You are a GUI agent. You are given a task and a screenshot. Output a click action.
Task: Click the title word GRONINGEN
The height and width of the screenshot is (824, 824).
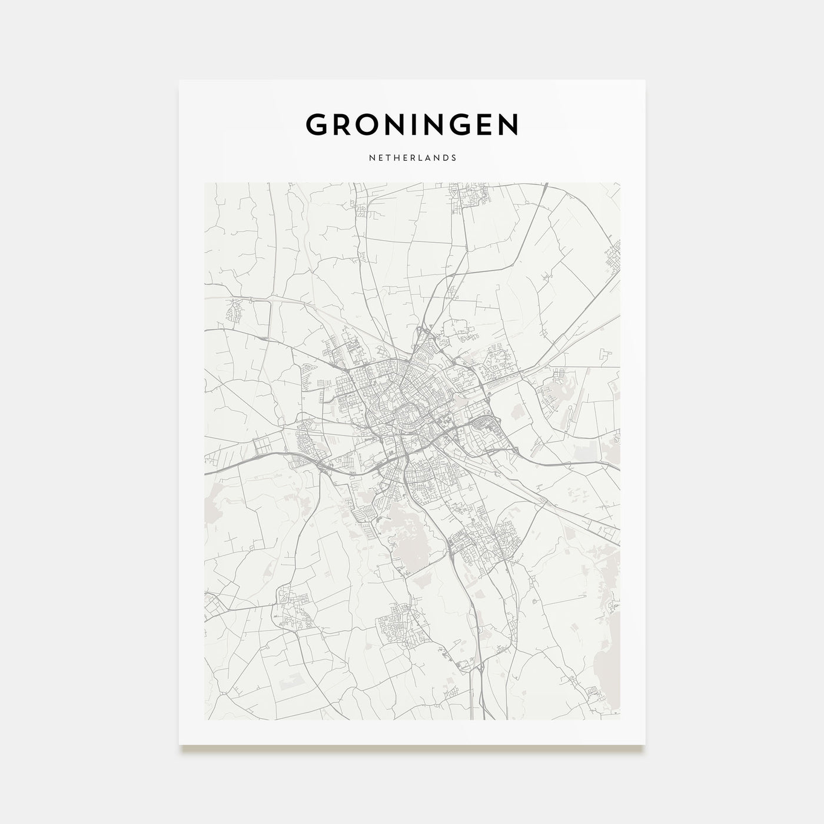[x=412, y=124]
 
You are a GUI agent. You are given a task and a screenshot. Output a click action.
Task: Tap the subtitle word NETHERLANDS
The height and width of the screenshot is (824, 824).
[x=412, y=158]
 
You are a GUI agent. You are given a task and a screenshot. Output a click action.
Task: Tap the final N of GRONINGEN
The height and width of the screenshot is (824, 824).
[x=507, y=124]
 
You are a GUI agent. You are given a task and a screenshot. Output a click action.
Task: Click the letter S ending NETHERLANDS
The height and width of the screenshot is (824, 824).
[x=454, y=158]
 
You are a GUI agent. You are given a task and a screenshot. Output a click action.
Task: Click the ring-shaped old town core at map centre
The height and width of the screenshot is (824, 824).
[x=406, y=416]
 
